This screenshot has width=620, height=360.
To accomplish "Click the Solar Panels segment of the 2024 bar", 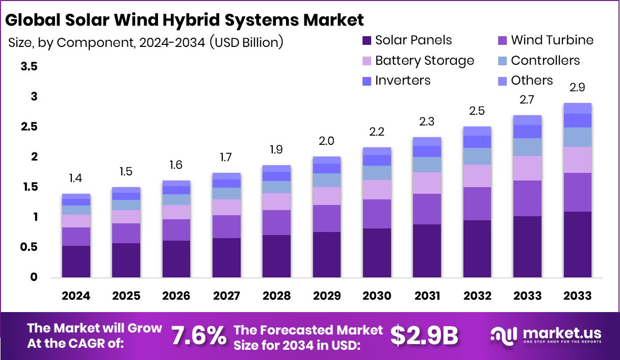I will [76, 262].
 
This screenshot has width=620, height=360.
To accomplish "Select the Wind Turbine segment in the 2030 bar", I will [377, 214].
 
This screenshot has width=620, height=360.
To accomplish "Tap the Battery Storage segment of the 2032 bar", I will [477, 176].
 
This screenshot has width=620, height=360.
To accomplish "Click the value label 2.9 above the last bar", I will [577, 87].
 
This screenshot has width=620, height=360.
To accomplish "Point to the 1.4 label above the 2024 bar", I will [76, 178].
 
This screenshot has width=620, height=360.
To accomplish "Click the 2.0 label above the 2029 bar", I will [327, 141].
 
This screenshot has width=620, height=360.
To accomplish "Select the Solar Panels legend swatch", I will [366, 40].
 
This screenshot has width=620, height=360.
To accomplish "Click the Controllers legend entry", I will [545, 60].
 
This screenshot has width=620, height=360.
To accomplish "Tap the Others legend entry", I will [531, 80].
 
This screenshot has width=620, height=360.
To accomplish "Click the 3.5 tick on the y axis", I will [29, 66].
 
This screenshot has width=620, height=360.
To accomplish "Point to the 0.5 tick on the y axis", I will [29, 247].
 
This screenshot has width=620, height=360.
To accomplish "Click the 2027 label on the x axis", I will [226, 296].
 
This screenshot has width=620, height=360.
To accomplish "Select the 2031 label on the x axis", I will [427, 296].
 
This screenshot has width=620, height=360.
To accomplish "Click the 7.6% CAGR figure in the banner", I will [199, 336].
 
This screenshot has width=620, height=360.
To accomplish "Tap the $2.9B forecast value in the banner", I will [424, 336].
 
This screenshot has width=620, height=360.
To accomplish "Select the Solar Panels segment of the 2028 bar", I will [277, 256].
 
